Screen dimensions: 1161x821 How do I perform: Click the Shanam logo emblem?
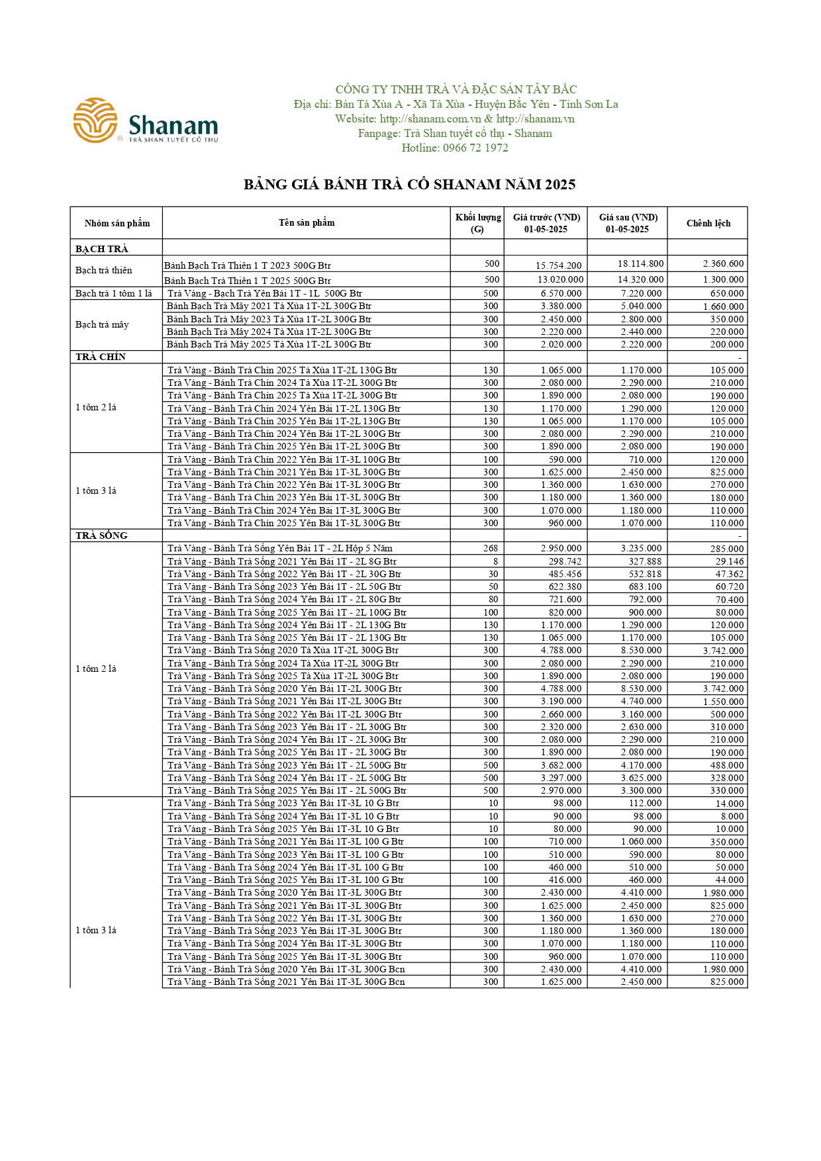click(95, 120)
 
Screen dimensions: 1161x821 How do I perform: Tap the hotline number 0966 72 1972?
click(455, 148)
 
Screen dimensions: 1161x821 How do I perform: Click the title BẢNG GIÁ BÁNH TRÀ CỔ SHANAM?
click(409, 184)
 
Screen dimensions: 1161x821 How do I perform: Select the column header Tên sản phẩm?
click(307, 222)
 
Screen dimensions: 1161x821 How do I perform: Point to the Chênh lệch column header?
click(708, 223)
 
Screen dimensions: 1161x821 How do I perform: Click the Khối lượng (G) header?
click(477, 223)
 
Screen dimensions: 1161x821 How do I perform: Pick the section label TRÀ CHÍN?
click(101, 357)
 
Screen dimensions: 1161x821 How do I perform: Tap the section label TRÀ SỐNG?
click(101, 535)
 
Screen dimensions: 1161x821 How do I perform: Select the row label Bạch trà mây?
click(102, 324)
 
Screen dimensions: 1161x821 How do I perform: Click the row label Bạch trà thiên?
click(104, 270)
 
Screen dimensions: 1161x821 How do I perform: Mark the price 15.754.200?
click(559, 265)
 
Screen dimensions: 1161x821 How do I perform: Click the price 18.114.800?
click(640, 263)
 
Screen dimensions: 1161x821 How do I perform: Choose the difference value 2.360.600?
click(723, 263)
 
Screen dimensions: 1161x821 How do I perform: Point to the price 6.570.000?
click(561, 293)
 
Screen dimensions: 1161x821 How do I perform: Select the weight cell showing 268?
click(490, 548)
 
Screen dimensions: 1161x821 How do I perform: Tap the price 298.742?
click(565, 561)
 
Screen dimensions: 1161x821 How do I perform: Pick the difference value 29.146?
click(729, 561)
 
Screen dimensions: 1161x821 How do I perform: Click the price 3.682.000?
click(561, 765)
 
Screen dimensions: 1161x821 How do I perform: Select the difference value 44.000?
click(729, 880)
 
